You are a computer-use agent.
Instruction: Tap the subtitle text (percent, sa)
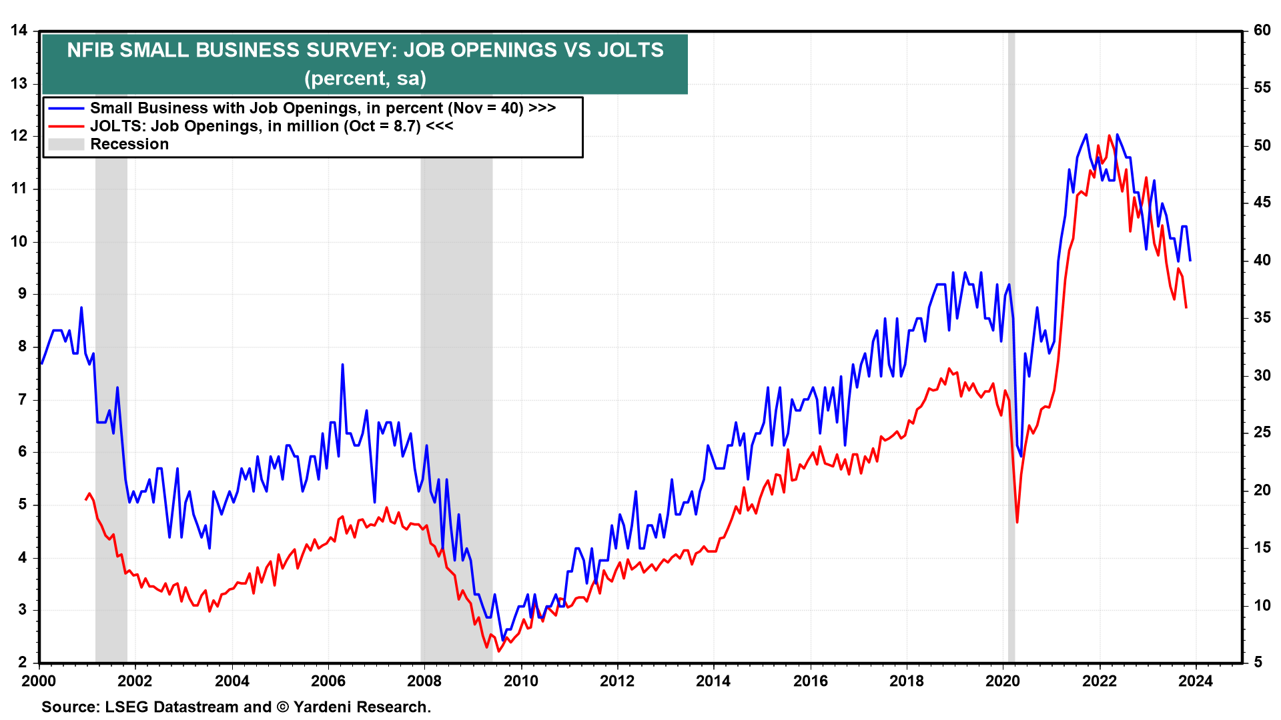(365, 79)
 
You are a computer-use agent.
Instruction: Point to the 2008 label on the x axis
(424, 681)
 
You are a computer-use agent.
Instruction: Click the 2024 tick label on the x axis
(1195, 681)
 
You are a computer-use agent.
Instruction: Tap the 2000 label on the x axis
(39, 681)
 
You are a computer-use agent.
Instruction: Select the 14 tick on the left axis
(19, 31)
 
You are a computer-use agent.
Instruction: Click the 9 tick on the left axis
(23, 293)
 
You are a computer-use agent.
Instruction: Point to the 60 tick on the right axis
(1262, 31)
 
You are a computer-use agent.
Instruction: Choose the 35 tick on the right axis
(1262, 318)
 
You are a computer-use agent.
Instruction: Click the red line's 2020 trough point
(1017, 522)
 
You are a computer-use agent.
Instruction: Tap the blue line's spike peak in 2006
(342, 365)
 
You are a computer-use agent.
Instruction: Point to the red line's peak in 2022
(1109, 136)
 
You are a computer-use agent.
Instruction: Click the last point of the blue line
(1190, 260)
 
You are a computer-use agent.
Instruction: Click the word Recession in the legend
(129, 145)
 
